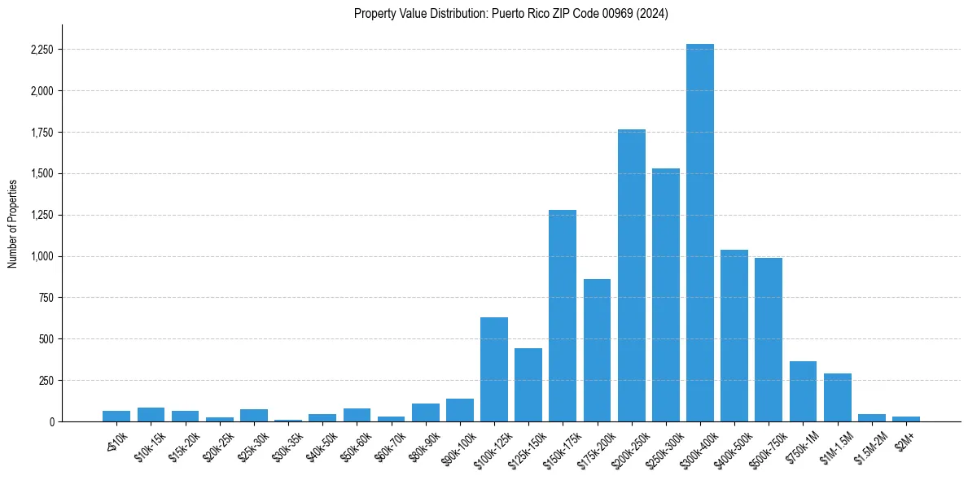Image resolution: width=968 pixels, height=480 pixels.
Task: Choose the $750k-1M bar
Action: coord(803,391)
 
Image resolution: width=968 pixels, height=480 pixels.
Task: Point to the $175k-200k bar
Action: coord(597,350)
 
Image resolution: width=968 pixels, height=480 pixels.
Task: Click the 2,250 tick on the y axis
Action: coord(42,50)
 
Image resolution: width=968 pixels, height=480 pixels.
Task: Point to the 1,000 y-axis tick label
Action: coord(42,256)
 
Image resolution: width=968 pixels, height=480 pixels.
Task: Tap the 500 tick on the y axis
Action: coord(46,339)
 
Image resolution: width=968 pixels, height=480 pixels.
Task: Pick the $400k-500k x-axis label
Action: coord(733,443)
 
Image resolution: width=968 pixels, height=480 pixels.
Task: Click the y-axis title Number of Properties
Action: coord(13,223)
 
